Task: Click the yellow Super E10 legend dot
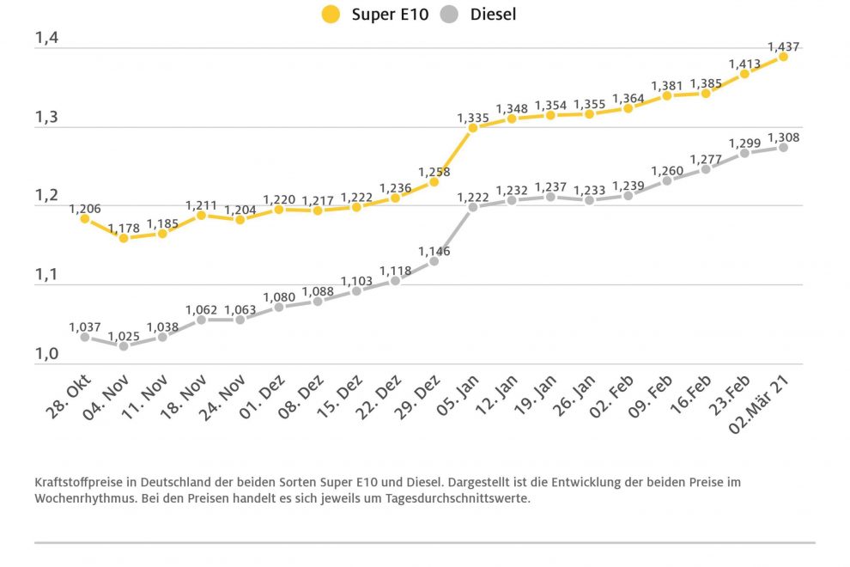click(331, 15)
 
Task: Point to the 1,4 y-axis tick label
click(46, 38)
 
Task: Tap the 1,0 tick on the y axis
click(46, 354)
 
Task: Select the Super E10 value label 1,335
click(473, 117)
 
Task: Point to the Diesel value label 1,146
click(434, 252)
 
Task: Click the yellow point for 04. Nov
click(124, 237)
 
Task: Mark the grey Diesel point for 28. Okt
click(85, 337)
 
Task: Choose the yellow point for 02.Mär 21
click(783, 56)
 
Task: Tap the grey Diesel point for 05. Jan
click(473, 207)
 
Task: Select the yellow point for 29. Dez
click(434, 181)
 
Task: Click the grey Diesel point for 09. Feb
click(667, 180)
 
